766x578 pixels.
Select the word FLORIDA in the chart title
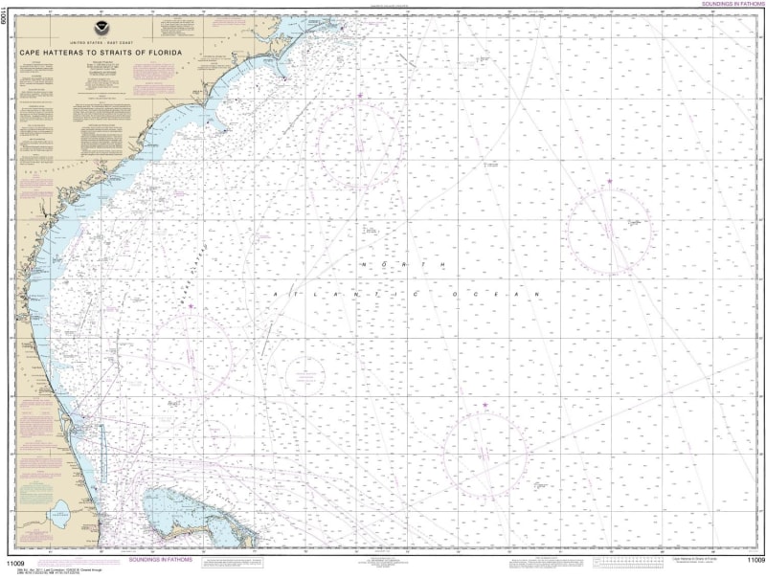click(159, 53)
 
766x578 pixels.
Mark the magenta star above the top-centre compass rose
click(360, 96)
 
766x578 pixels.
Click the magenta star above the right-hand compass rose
click(609, 182)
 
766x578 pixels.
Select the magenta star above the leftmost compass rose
click(191, 307)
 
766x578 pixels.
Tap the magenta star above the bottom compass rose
click(484, 406)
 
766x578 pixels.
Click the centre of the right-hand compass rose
click(609, 231)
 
